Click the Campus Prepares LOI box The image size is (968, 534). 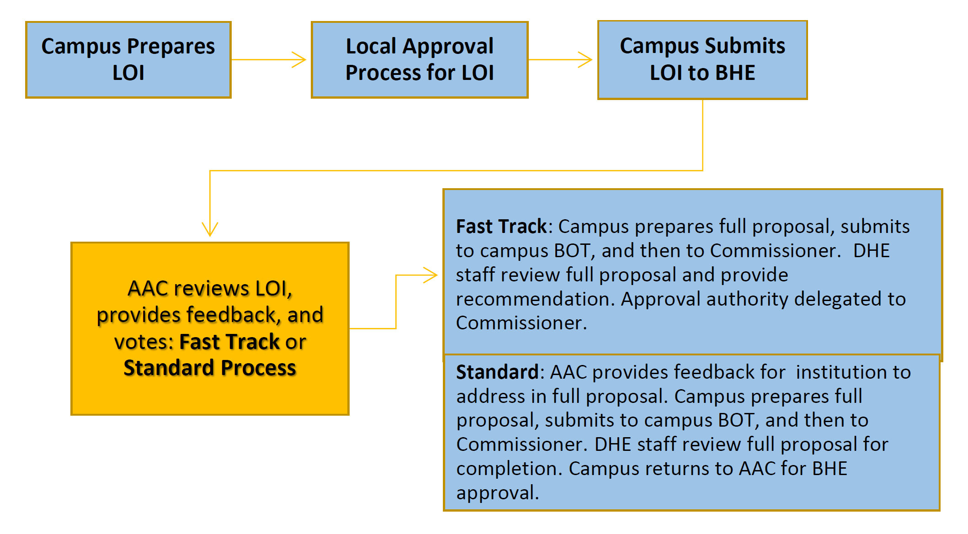tap(128, 60)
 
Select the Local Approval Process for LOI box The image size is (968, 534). tap(420, 60)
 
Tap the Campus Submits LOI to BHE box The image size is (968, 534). tap(702, 60)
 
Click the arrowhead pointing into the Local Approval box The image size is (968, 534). tap(299, 60)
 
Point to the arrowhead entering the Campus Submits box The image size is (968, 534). tap(585, 60)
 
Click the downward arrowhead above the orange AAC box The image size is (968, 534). tap(210, 229)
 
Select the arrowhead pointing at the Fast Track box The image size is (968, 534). tap(431, 275)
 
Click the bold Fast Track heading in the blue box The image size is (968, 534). tap(501, 227)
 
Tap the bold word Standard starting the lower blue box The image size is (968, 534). tap(497, 372)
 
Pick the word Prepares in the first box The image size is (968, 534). tap(171, 47)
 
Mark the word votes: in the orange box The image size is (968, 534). tap(144, 342)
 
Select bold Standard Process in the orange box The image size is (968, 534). tap(210, 368)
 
